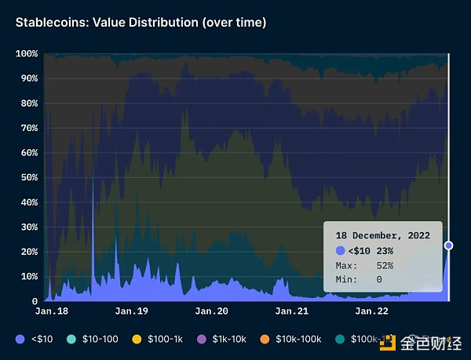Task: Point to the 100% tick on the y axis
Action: click(27, 54)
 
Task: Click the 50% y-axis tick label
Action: click(29, 177)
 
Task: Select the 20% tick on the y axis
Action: click(29, 252)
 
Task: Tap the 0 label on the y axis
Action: click(35, 301)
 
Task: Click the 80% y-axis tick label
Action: click(29, 104)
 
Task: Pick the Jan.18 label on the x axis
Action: click(51, 311)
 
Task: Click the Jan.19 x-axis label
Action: click(132, 311)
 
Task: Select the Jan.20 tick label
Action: click(211, 311)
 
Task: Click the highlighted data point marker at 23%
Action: click(448, 245)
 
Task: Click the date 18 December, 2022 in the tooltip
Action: click(382, 235)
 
